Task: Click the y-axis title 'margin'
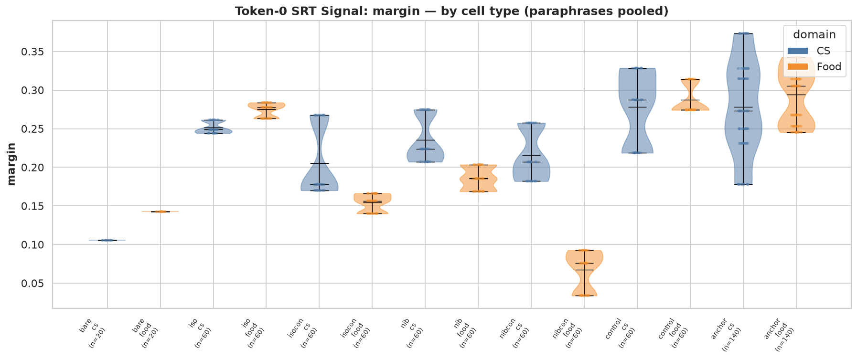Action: [11, 164]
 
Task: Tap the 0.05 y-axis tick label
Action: [35, 284]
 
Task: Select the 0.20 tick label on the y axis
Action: [35, 168]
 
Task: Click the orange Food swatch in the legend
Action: [798, 66]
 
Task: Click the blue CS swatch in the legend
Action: [798, 51]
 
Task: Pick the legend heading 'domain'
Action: [815, 34]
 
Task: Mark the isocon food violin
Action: [372, 203]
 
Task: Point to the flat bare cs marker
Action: [107, 240]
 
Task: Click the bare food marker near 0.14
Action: [161, 212]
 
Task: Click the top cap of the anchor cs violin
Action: [743, 33]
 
